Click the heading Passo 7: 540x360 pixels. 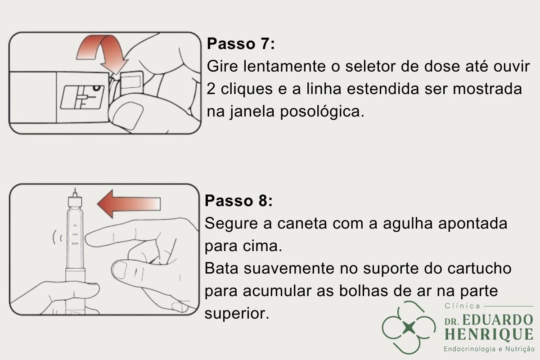click(x=240, y=45)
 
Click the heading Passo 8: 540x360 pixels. click(x=238, y=201)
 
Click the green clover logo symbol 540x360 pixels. click(x=408, y=327)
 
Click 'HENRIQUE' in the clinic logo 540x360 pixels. click(x=488, y=334)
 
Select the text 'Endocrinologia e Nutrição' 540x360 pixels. click(x=488, y=349)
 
